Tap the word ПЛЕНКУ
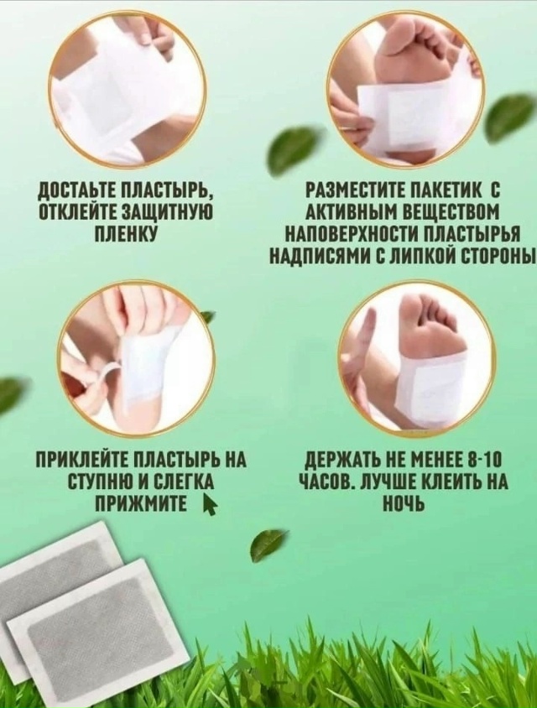click(x=126, y=234)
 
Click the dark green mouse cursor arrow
click(x=208, y=503)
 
